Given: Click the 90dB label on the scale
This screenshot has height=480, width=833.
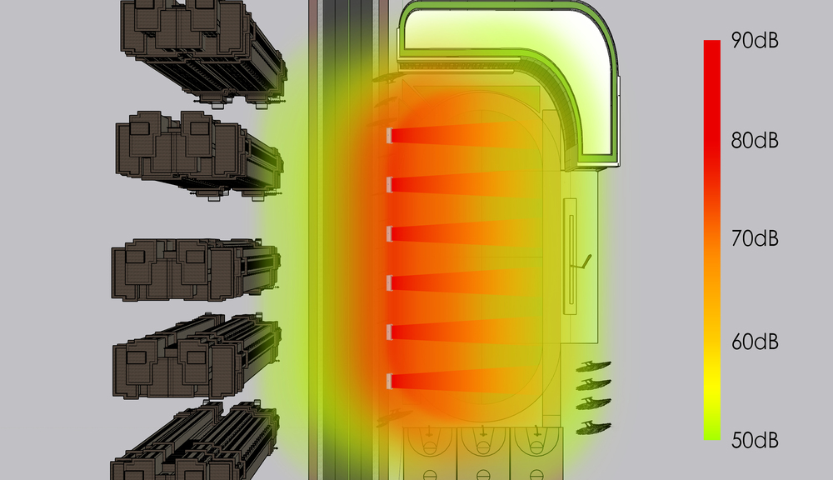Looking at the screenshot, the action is click(x=755, y=40).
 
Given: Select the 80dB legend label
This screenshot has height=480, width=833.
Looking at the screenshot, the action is click(x=755, y=140).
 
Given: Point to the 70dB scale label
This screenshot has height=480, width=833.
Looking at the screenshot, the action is click(x=755, y=238).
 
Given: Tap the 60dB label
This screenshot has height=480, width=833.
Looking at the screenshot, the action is click(x=755, y=342).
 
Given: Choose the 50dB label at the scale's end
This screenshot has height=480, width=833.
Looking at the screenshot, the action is click(x=755, y=440).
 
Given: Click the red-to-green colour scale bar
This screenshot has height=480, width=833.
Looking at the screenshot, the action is click(x=712, y=240).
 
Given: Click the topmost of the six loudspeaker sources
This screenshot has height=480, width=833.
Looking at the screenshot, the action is click(x=389, y=136).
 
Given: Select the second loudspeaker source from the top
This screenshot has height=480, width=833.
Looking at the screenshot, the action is click(x=389, y=184).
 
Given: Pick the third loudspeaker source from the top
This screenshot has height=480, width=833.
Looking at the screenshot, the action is click(x=389, y=233).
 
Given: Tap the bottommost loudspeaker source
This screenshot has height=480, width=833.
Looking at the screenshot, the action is click(x=389, y=381).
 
